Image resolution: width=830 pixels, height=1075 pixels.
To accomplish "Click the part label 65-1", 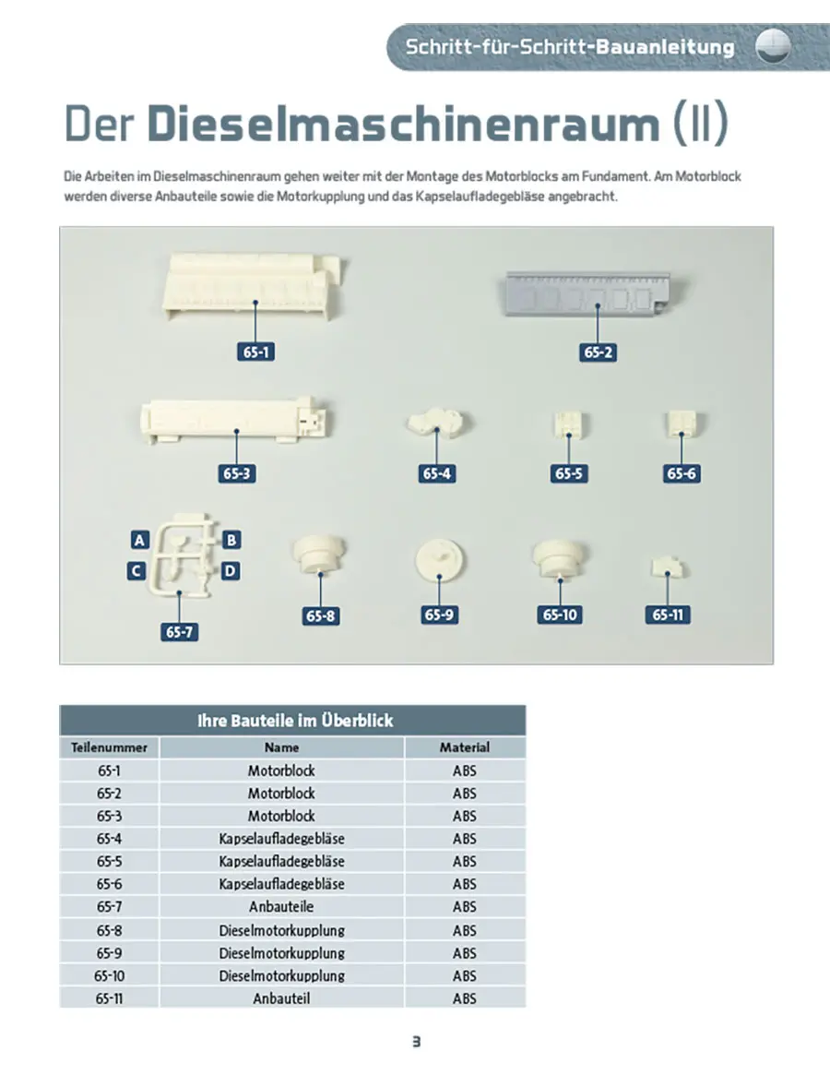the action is point(255,352).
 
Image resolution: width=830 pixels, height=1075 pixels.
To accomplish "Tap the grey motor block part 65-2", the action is point(594,293).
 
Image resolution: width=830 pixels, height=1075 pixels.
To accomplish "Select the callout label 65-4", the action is point(436,473).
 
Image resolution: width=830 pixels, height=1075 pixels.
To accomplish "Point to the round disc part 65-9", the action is point(439,561).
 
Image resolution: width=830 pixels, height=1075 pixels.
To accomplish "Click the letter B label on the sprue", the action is point(231,540).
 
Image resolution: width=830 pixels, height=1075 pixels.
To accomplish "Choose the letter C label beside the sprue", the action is point(136,570).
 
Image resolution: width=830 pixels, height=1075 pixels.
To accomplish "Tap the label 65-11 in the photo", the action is point(668,615).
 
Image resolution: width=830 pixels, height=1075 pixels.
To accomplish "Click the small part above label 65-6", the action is point(682,424).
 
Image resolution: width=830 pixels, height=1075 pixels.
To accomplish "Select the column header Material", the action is point(465,747).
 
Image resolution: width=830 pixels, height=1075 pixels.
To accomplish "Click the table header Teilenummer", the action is point(109,747).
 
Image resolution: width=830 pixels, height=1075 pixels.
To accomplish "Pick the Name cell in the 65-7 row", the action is point(281,907).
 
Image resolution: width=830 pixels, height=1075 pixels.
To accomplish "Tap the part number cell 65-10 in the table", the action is point(110,975).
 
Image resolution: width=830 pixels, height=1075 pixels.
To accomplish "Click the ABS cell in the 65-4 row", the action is point(464,839).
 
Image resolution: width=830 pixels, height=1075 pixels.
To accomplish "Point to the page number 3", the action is point(416,1042).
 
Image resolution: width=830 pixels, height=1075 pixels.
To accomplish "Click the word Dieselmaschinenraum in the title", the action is point(404,124).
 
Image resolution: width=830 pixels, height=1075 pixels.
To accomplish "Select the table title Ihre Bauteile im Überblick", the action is point(295,721).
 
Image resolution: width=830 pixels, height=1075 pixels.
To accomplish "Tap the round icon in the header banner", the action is point(773,47).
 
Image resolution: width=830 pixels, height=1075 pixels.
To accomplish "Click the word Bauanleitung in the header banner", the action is point(665,47).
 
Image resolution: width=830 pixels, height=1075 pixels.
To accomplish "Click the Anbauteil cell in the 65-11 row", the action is point(281,998).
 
